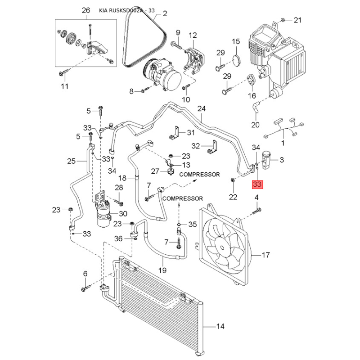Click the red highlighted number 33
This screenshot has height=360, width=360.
257,184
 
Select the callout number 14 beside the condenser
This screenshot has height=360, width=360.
220,326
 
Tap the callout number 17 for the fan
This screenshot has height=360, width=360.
265,255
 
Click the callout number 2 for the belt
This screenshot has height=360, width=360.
164,14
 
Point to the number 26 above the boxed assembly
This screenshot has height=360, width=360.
85,10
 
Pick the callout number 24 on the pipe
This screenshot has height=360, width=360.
201,108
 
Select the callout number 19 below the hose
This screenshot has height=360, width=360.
162,270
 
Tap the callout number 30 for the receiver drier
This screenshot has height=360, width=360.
123,213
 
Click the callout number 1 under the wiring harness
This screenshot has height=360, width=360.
283,143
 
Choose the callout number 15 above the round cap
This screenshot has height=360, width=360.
236,42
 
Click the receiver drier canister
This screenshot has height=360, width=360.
104,214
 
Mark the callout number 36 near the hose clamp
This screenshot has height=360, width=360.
118,238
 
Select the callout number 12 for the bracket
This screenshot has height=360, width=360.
193,35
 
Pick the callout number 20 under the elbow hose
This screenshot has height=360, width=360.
256,125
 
